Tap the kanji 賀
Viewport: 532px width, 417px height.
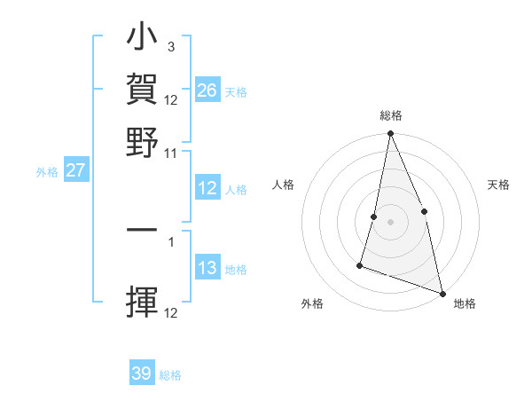click(142, 90)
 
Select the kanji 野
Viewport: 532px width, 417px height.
click(142, 140)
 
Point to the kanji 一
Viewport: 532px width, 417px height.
click(142, 230)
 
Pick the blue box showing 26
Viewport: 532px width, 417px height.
click(207, 90)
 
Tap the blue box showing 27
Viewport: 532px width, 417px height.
click(75, 169)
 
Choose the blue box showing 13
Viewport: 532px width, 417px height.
click(207, 269)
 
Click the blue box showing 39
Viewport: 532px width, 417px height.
click(142, 374)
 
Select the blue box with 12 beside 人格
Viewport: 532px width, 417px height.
click(207, 188)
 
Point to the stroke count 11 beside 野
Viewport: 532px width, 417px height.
click(170, 153)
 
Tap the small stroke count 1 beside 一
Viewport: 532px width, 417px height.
click(170, 240)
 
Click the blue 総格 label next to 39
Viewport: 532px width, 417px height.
click(170, 375)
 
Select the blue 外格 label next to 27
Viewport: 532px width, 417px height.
click(46, 171)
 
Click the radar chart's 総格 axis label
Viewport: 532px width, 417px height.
click(391, 116)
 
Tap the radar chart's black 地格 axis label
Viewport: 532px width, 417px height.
click(465, 304)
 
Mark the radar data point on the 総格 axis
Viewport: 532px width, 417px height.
click(390, 134)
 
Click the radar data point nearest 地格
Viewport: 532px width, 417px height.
click(442, 292)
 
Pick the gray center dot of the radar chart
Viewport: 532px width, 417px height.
click(390, 221)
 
